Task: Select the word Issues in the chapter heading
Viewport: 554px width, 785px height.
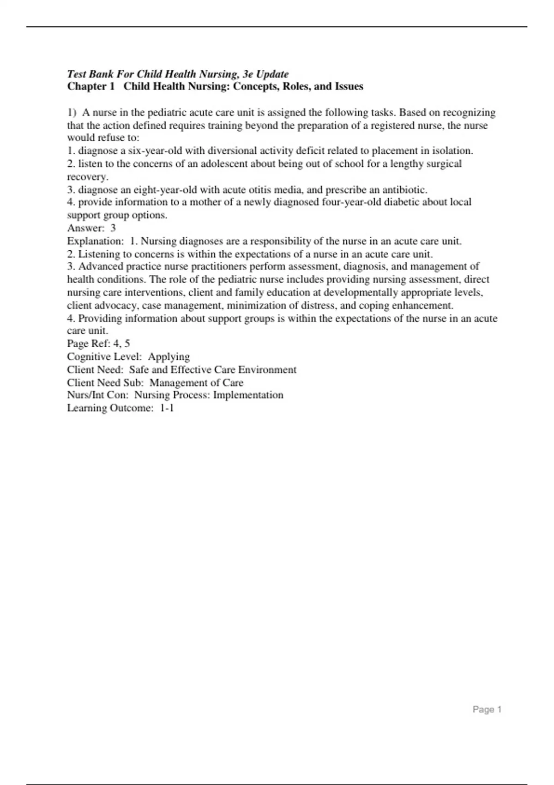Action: pos(349,86)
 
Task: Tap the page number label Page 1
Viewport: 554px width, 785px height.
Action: pos(487,710)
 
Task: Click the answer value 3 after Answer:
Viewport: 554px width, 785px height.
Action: pos(113,228)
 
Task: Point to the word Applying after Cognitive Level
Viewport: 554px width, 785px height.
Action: pos(169,357)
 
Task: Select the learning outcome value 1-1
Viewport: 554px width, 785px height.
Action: pos(167,408)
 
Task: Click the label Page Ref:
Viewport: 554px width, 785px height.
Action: pos(89,344)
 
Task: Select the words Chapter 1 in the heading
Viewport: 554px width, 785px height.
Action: pos(90,86)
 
